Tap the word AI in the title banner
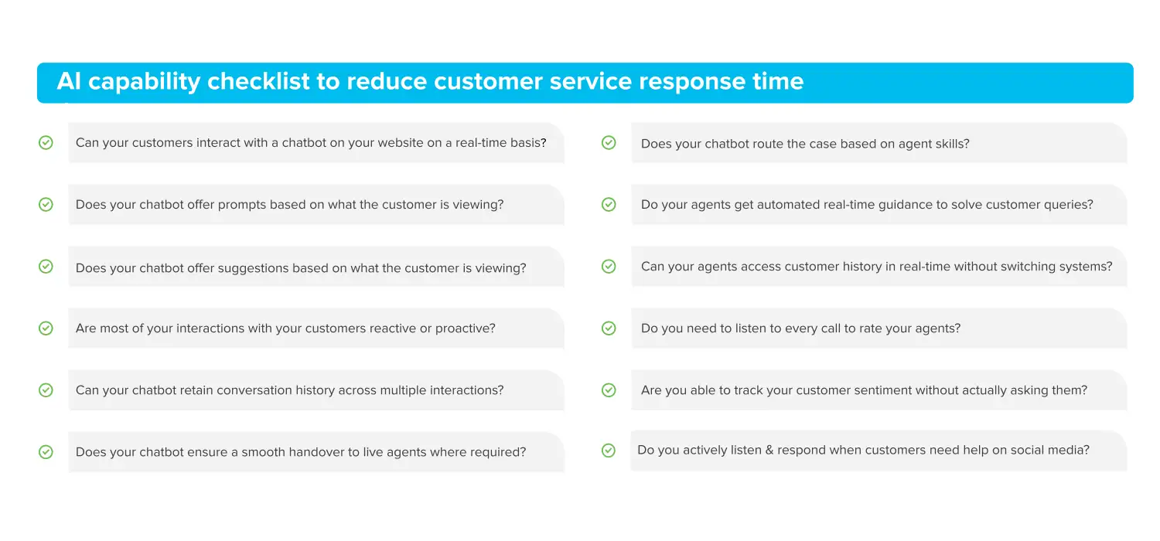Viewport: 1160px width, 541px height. click(69, 81)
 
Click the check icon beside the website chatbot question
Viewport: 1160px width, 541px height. click(46, 143)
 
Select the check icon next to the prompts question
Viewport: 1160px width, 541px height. click(46, 205)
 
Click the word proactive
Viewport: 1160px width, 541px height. click(466, 328)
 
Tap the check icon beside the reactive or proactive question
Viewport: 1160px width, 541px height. click(46, 328)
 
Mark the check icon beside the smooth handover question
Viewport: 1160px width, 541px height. click(46, 452)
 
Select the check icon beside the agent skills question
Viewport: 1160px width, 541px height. click(609, 143)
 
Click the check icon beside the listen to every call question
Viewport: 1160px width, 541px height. click(609, 328)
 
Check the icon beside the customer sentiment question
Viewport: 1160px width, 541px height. click(609, 390)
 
